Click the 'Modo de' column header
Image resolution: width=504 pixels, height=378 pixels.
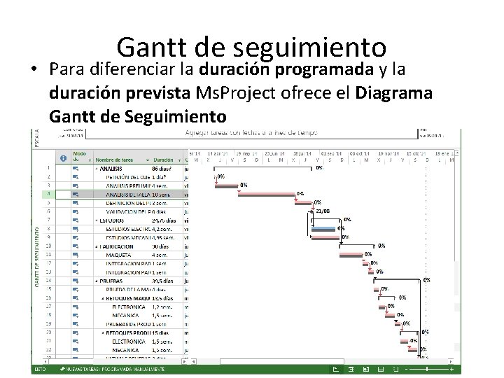[x=80, y=156]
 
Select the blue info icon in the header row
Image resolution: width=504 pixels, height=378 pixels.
[x=63, y=158]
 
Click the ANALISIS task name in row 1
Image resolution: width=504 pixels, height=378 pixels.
[x=111, y=169]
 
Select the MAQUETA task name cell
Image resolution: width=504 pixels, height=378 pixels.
[x=119, y=255]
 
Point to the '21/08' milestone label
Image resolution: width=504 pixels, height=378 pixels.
[x=323, y=211]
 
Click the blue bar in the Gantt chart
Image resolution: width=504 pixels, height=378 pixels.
[x=323, y=228]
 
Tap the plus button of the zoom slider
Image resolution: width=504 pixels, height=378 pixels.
[x=452, y=369]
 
